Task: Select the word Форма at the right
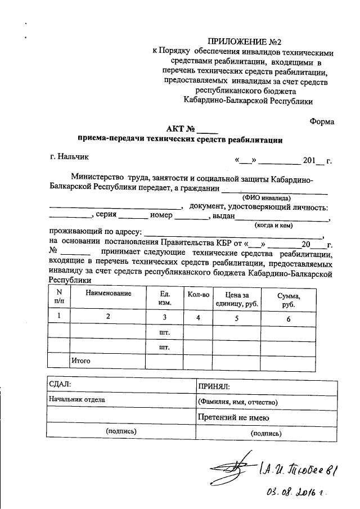[x=321, y=121]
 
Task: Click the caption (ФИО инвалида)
[x=266, y=198]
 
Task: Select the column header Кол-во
[x=199, y=294]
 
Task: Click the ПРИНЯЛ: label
[x=214, y=386]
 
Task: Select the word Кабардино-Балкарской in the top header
[x=222, y=101]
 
